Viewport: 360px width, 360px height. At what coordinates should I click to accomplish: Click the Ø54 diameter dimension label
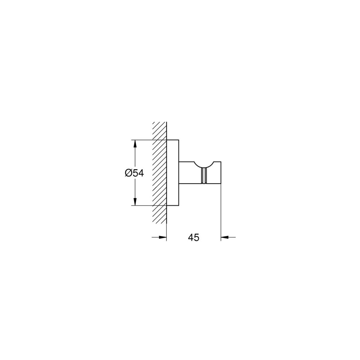(x=134, y=173)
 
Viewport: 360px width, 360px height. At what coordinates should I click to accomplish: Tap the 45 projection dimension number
(x=194, y=237)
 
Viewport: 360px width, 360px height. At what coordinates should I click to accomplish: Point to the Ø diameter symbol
(x=129, y=173)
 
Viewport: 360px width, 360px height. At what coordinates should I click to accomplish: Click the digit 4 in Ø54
(x=141, y=173)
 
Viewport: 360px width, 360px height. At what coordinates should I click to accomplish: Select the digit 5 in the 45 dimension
(x=197, y=237)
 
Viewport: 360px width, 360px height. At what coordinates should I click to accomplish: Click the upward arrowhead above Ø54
(x=135, y=144)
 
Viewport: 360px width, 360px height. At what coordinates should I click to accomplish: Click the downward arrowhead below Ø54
(x=135, y=201)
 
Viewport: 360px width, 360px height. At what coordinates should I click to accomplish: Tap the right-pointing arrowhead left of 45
(x=162, y=237)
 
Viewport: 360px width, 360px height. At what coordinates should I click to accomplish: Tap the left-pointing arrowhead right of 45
(x=225, y=237)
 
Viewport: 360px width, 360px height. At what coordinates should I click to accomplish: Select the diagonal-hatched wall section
(x=159, y=172)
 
